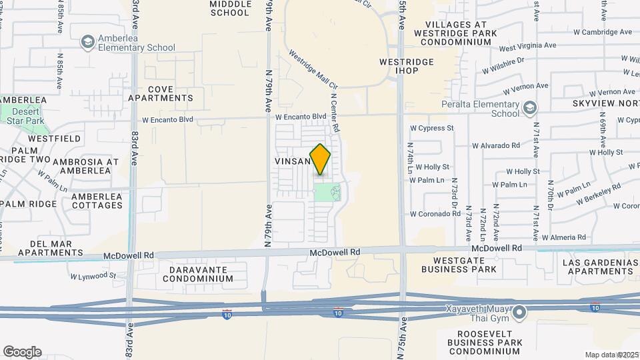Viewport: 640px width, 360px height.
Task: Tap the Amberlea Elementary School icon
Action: (x=87, y=43)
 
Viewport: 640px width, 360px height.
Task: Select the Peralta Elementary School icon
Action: (x=529, y=108)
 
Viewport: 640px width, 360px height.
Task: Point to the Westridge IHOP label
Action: (x=407, y=66)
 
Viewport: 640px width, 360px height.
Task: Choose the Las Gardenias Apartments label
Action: (x=600, y=267)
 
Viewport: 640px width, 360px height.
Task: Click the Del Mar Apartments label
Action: (x=51, y=248)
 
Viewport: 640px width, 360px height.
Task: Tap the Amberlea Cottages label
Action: (x=97, y=201)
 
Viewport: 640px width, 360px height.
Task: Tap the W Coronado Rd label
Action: (x=435, y=214)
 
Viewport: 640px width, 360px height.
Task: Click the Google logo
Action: (x=22, y=352)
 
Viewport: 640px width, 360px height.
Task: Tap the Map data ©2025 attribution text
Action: (x=611, y=355)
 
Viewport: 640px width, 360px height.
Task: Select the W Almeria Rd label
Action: (x=563, y=237)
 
